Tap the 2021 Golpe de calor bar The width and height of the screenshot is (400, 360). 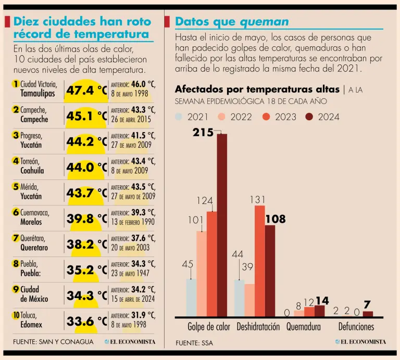(x=192, y=298)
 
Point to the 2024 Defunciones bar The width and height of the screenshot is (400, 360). (x=368, y=314)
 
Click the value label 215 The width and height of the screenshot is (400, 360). (x=203, y=133)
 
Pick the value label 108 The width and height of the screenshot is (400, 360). (x=276, y=220)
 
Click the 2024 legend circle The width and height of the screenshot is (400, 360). (x=309, y=117)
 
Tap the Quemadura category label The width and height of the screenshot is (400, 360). (x=303, y=327)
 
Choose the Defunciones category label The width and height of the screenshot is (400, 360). (x=356, y=327)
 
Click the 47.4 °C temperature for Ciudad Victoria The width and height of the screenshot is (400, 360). (x=86, y=91)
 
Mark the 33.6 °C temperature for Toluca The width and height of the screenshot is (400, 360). (x=86, y=322)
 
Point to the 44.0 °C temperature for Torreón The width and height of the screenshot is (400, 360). (x=86, y=168)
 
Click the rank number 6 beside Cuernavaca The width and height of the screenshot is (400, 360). (x=16, y=212)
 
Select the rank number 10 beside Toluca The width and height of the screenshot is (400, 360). (x=16, y=315)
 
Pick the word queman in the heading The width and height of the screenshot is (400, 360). (x=264, y=21)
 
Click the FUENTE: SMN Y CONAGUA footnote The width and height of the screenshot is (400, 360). (x=53, y=342)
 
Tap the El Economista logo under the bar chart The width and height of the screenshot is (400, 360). (x=360, y=342)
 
